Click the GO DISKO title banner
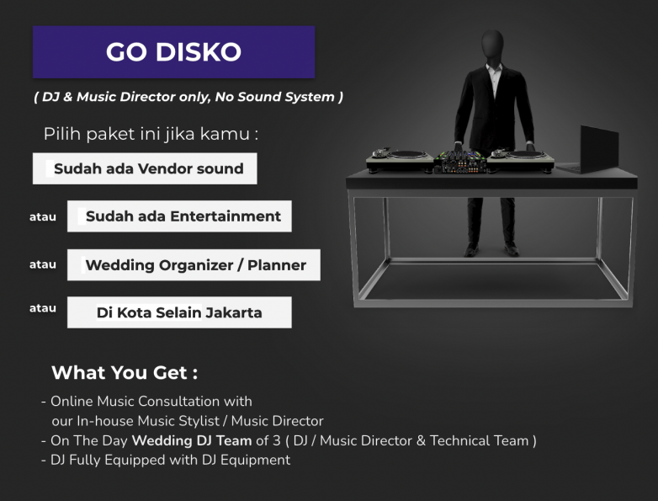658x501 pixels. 173,51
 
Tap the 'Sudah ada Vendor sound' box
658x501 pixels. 145,168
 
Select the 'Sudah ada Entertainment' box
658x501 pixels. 179,216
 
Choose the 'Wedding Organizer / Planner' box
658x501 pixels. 194,265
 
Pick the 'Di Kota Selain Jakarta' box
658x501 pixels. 179,312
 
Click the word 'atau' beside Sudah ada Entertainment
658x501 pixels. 43,217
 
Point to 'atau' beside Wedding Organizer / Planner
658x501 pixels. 43,264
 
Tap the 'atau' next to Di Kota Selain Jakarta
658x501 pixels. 43,308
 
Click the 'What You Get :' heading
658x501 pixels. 125,372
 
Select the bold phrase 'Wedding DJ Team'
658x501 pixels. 192,440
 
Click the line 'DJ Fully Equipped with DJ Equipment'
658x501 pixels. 170,461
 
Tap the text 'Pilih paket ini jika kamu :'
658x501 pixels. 151,134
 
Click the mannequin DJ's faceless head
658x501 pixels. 492,45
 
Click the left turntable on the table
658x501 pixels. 400,160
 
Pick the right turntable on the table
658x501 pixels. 520,160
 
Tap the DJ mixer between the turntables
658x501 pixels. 460,162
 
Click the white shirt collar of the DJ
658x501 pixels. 494,68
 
